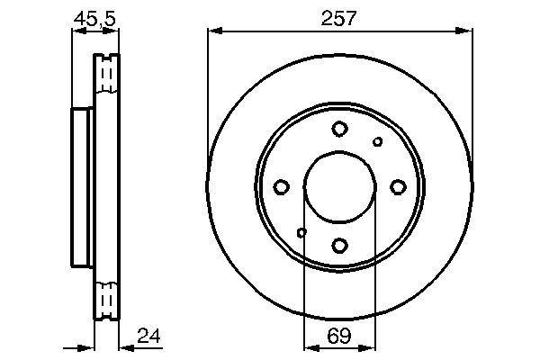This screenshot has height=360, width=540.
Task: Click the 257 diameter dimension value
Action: click(x=339, y=16)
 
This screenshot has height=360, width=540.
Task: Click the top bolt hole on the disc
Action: click(x=339, y=129)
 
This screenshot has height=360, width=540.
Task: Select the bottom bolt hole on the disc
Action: click(x=339, y=245)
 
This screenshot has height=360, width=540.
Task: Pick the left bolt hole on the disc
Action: click(x=281, y=187)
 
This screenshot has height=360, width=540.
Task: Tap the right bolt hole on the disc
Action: click(x=398, y=187)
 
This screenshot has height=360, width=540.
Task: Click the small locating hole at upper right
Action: click(x=378, y=141)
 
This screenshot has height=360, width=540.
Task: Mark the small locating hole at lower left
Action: click(x=301, y=233)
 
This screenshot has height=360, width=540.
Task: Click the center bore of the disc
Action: click(x=339, y=187)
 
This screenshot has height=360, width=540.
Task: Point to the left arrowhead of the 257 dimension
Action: click(x=212, y=31)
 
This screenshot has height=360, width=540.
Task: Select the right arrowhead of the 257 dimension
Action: click(x=467, y=31)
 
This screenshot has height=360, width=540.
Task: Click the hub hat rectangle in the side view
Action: click(x=82, y=187)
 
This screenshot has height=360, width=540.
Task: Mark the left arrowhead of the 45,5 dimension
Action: click(x=76, y=31)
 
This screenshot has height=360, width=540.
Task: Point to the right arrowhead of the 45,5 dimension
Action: click(x=114, y=31)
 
